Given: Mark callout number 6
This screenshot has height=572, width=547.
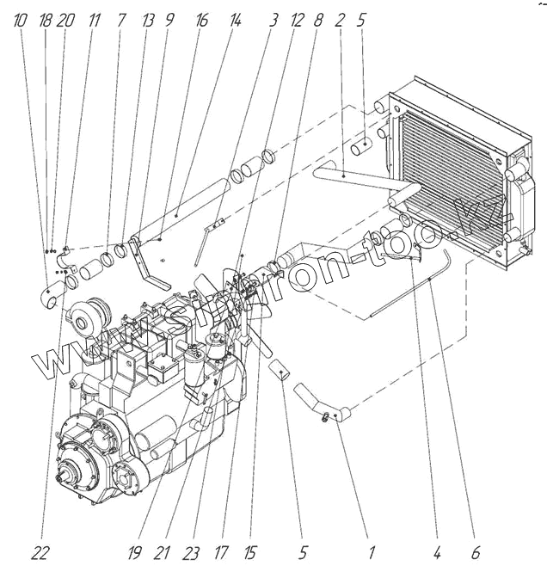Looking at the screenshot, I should [x=475, y=551].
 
